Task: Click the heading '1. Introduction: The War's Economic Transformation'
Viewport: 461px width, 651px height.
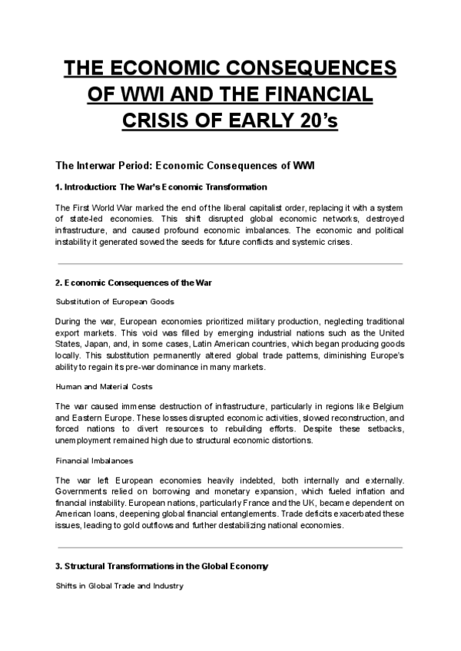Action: point(161,187)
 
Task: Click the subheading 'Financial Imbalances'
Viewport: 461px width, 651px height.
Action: point(95,461)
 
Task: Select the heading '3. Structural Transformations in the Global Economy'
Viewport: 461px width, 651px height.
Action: point(162,567)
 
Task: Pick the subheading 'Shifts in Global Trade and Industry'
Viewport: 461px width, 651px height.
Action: point(118,585)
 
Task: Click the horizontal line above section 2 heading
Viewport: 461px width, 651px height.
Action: point(230,263)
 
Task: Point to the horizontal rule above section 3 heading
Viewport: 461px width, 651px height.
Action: point(230,547)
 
